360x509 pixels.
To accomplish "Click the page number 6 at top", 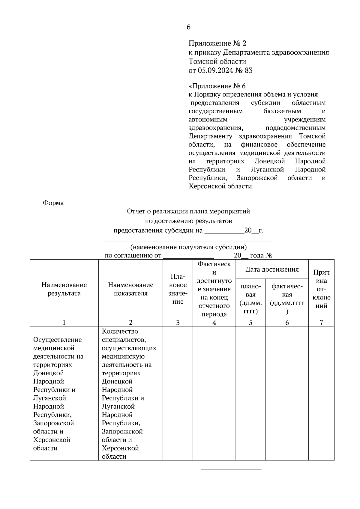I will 188,27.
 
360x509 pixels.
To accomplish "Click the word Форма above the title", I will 53,203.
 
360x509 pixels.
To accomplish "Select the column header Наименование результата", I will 64,289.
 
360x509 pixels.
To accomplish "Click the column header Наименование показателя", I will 130,289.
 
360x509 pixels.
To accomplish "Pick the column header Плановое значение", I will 178,289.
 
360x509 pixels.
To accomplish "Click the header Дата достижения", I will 272,269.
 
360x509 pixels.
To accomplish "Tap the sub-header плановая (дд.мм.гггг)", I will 251,299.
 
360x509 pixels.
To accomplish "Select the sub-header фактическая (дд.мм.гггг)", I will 287,299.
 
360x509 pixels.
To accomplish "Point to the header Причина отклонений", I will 321,289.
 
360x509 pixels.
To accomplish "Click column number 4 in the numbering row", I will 214,323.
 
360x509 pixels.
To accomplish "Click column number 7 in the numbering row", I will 321,323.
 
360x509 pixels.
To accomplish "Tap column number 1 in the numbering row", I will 64,323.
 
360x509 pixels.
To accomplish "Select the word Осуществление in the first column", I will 58,340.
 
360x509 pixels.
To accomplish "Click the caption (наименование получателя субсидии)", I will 188,247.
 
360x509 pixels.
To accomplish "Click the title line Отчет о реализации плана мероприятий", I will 188,212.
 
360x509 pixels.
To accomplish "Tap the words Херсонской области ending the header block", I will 220,186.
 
